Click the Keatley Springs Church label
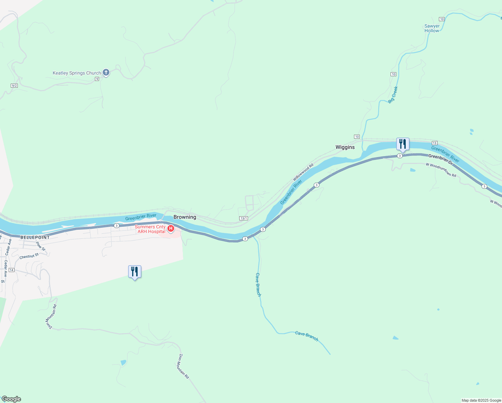point(77,73)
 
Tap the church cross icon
point(106,72)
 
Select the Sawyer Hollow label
point(432,28)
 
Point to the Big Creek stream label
point(393,95)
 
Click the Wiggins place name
point(345,147)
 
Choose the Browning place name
point(185,217)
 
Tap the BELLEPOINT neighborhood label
point(35,237)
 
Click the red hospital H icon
point(170,229)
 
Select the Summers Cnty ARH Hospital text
point(150,229)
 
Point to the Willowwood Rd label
point(303,172)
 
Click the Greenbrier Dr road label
point(441,159)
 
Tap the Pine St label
point(41,246)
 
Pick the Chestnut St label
point(29,256)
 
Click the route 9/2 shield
point(14,86)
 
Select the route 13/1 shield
point(244,218)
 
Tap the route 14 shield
point(12,270)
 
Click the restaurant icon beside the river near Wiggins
point(403,144)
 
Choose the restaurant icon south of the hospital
point(135,271)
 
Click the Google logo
point(11,399)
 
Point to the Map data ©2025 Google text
point(481,400)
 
